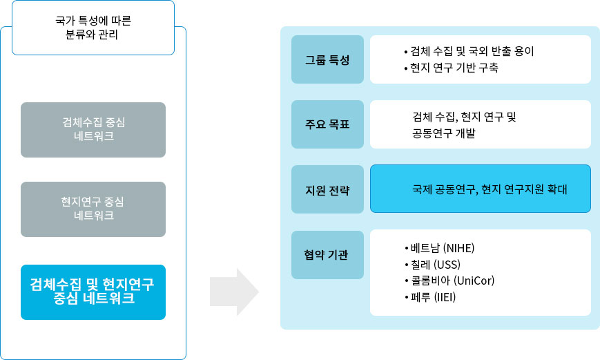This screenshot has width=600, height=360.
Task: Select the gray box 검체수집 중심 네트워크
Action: tap(93, 129)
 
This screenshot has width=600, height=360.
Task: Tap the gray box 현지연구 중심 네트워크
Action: tap(93, 209)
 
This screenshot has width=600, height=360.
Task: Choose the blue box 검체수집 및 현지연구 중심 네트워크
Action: tap(93, 292)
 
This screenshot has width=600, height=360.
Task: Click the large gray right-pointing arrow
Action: tap(234, 292)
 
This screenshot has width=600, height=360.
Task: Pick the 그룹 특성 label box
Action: tap(327, 59)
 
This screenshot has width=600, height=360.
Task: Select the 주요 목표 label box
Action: tap(327, 124)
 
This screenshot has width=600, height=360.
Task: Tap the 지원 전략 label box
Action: tap(327, 189)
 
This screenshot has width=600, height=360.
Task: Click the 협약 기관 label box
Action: tap(327, 254)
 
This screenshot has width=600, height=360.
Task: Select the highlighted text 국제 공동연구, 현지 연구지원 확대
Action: tap(490, 189)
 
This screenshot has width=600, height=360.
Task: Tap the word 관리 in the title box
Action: tap(108, 35)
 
